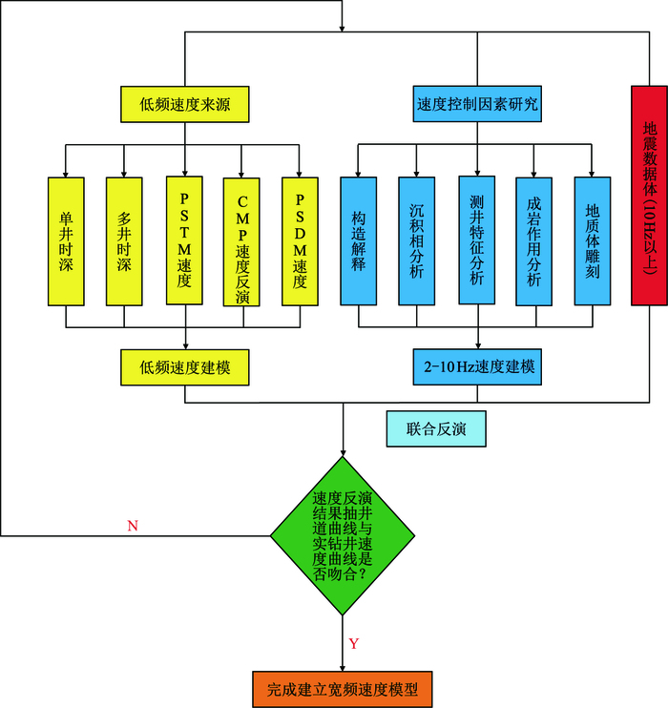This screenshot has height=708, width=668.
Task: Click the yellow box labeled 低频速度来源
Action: pyautogui.click(x=185, y=104)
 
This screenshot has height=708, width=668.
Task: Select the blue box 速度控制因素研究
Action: pyautogui.click(x=476, y=104)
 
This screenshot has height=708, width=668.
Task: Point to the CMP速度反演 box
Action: pyautogui.click(x=241, y=240)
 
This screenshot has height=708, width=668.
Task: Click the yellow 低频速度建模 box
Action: pyautogui.click(x=185, y=365)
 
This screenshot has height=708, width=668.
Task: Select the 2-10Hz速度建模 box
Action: pyautogui.click(x=474, y=365)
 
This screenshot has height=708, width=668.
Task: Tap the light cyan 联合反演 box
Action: pyautogui.click(x=436, y=428)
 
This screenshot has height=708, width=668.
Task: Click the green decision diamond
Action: pyautogui.click(x=343, y=538)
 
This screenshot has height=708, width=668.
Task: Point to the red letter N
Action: pyautogui.click(x=132, y=526)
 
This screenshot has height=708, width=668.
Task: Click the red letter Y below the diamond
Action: pyautogui.click(x=353, y=644)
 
